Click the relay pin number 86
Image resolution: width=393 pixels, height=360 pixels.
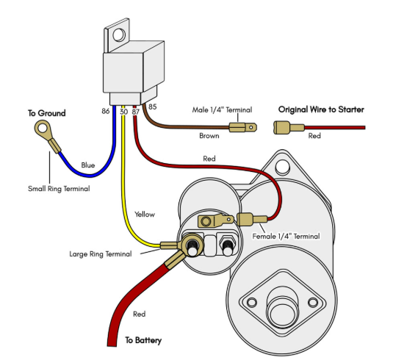point(106,111)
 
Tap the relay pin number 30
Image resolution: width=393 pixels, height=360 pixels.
point(124,112)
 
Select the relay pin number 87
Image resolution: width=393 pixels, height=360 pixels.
point(135,112)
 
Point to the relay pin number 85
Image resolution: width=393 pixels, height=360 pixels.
point(152,107)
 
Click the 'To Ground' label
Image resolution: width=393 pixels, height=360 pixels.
point(46,113)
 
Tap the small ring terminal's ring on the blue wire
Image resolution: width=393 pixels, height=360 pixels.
point(43,129)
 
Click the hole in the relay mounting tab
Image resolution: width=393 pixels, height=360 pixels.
point(119,35)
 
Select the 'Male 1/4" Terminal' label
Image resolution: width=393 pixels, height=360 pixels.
point(222,109)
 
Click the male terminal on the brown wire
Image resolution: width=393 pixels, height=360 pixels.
point(242,127)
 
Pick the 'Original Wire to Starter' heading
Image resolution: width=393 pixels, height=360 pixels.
point(321,109)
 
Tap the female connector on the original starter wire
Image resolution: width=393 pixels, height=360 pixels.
point(289,127)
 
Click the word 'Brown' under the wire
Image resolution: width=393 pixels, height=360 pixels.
point(209,136)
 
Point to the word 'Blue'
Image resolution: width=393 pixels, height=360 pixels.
point(88,165)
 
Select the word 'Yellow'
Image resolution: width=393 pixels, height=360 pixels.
point(145,215)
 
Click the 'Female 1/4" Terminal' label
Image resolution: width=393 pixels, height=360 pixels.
point(286,236)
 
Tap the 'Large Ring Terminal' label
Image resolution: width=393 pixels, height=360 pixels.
point(100,254)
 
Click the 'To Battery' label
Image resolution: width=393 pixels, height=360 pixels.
point(143,340)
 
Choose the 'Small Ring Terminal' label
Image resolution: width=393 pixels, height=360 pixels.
point(59,189)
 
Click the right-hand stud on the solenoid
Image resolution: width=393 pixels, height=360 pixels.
point(227,247)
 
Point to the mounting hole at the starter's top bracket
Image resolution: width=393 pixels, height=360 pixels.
point(282,166)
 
